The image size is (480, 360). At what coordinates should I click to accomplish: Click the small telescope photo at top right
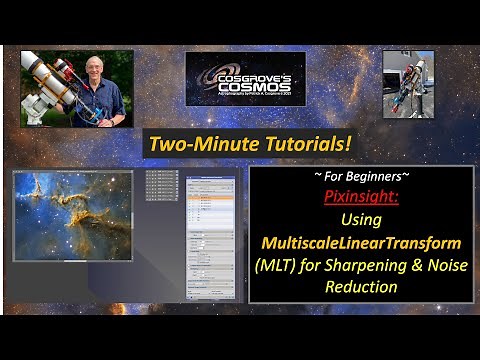click(x=407, y=84)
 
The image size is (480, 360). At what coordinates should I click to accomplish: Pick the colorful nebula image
click(x=72, y=214)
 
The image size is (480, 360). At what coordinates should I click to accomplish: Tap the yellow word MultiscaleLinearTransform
click(x=361, y=243)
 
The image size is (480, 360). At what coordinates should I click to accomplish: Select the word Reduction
click(x=361, y=287)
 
